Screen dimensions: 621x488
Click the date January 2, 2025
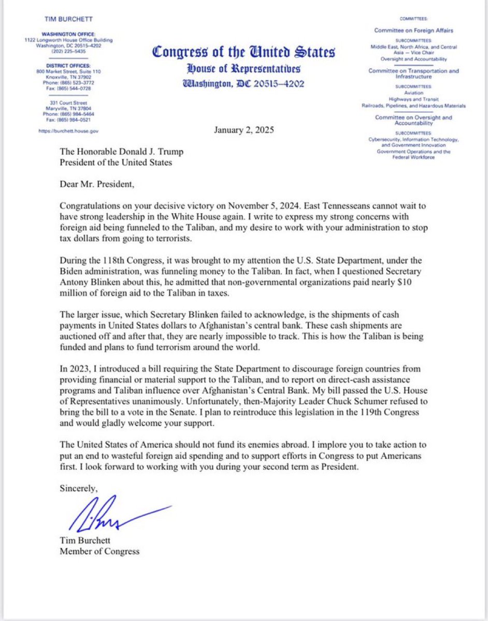point(244,130)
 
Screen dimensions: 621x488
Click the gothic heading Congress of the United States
point(243,52)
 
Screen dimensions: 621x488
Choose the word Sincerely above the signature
point(78,487)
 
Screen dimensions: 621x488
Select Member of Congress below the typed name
point(99,551)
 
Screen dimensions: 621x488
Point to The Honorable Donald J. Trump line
point(122,152)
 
